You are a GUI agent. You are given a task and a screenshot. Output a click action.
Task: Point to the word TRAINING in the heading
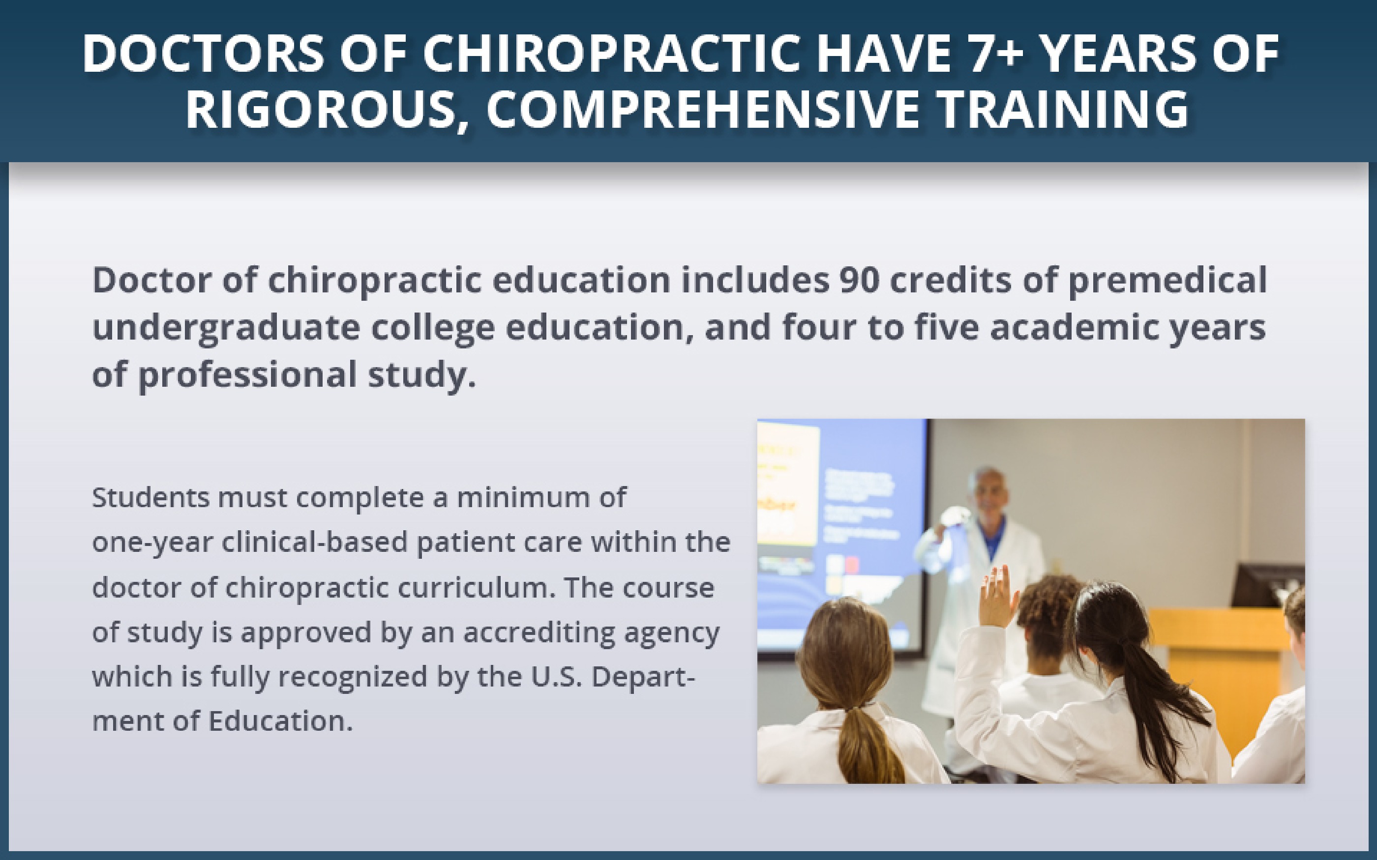pos(1064,109)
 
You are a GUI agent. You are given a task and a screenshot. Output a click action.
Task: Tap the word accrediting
pos(539,633)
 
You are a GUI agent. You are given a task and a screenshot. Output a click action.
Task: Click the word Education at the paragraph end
pos(280,721)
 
